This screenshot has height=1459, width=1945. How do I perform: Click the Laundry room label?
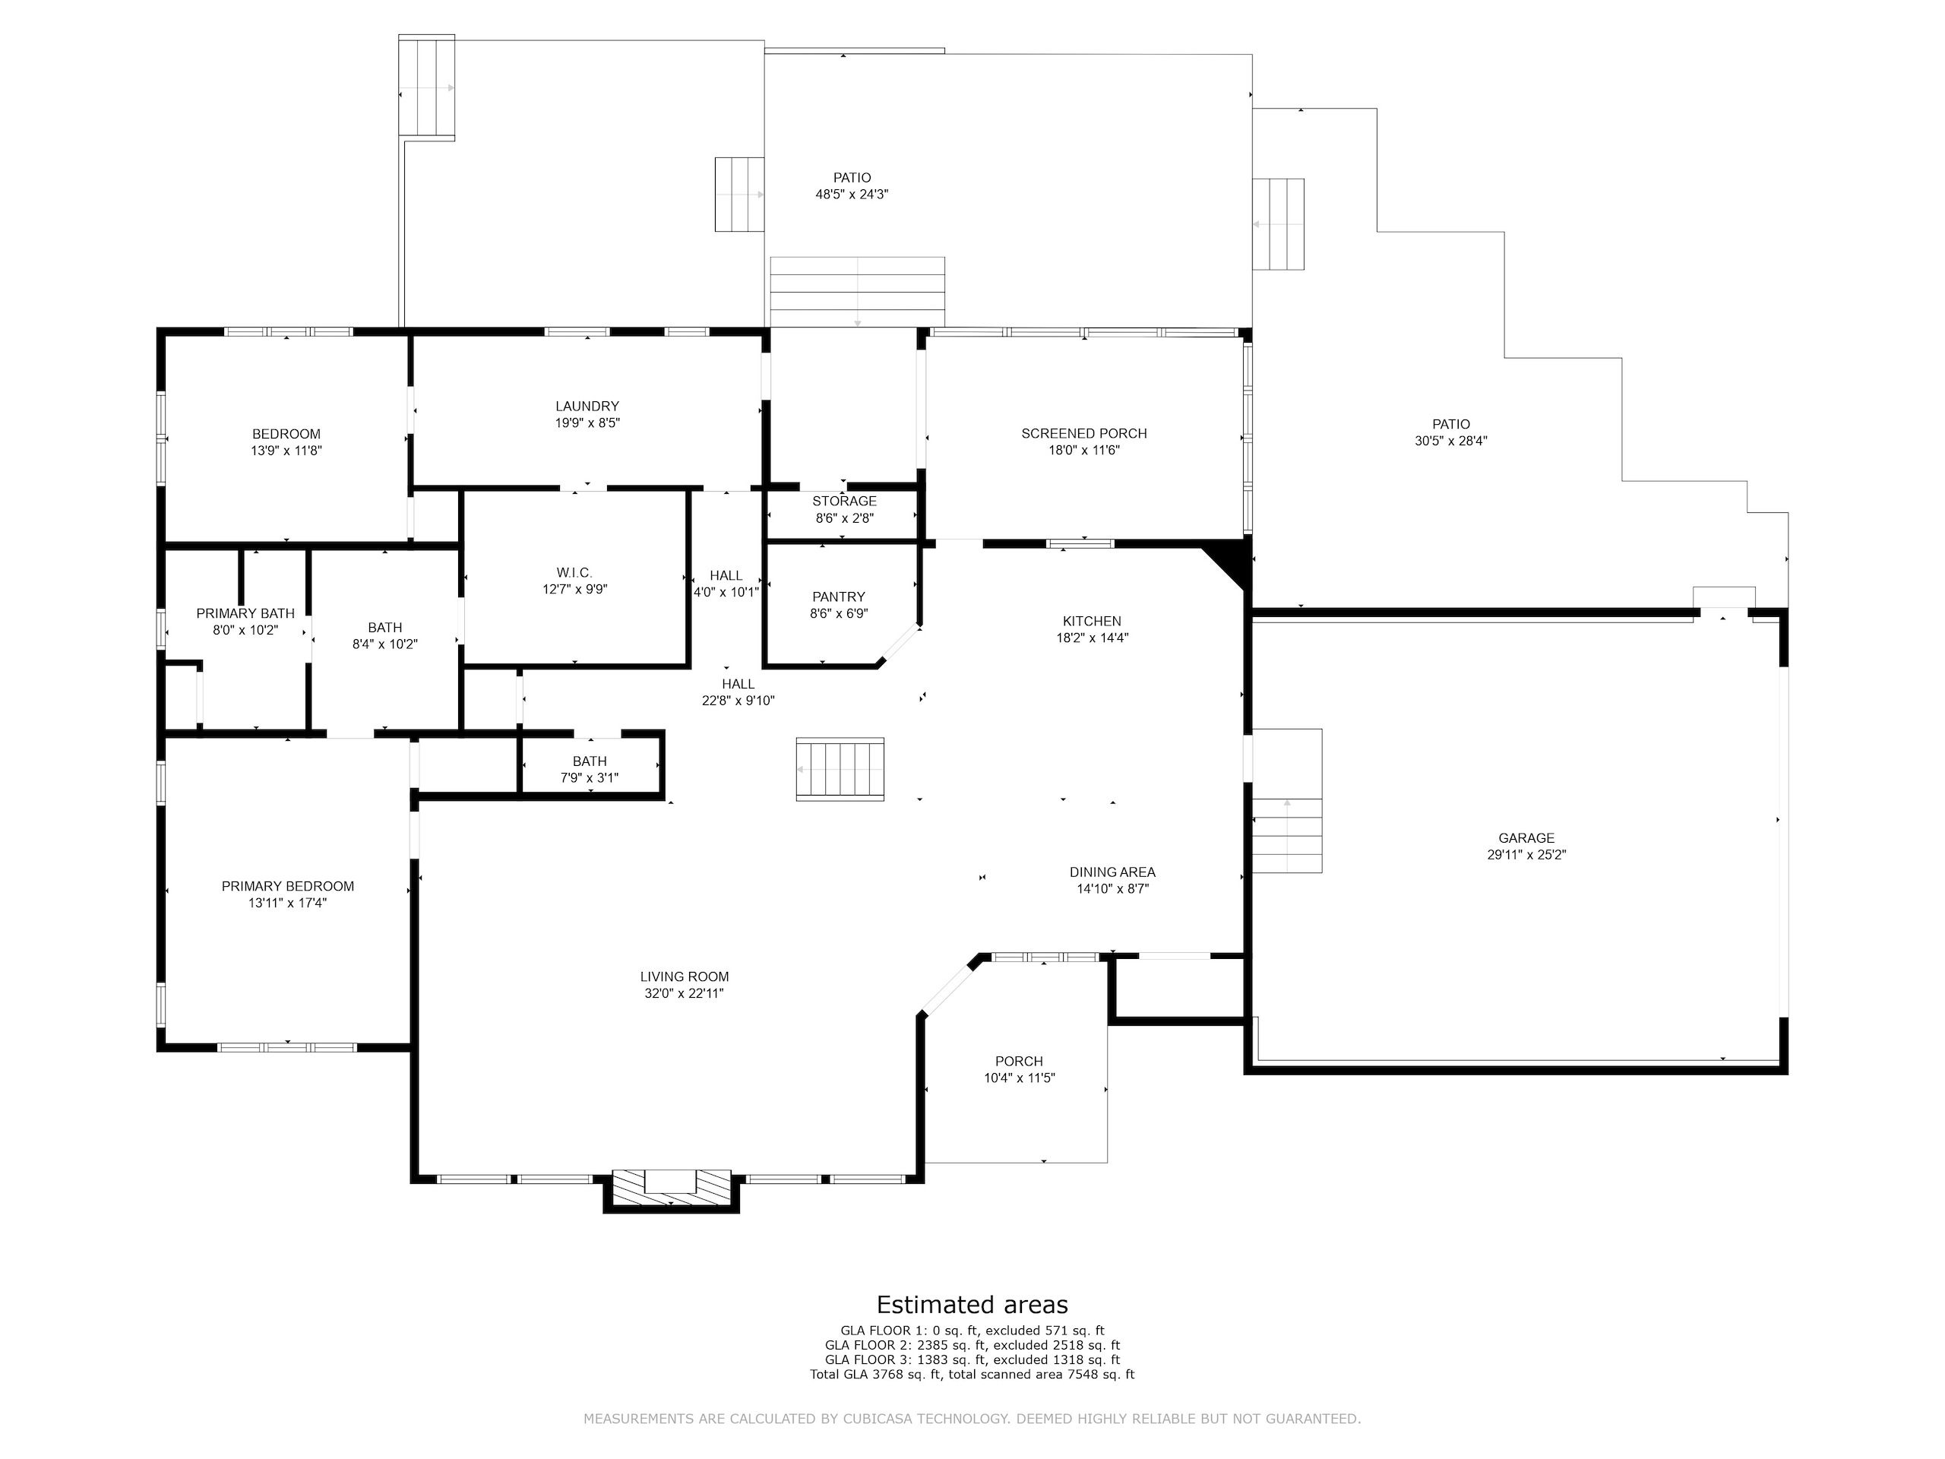click(587, 407)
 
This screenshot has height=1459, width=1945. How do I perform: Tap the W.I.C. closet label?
click(574, 574)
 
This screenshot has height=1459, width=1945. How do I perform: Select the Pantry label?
click(839, 597)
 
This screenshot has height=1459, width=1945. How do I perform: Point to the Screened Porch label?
click(1084, 434)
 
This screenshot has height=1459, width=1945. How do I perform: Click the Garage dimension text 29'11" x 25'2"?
click(1526, 855)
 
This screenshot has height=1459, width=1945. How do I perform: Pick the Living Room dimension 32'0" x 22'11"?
click(684, 994)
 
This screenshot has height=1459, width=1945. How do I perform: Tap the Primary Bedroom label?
click(287, 887)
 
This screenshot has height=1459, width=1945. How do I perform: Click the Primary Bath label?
click(245, 614)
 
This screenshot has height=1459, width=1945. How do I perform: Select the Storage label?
click(844, 502)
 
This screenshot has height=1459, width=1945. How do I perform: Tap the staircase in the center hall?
click(840, 770)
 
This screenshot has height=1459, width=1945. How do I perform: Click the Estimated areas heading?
click(972, 1304)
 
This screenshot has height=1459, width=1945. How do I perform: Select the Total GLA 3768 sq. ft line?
click(972, 1374)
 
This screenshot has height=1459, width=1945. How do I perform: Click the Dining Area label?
click(1112, 872)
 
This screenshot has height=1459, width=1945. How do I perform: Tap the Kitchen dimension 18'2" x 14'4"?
click(1092, 638)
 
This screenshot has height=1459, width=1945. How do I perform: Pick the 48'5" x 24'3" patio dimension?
click(852, 195)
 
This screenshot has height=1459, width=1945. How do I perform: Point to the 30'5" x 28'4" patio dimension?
click(1451, 441)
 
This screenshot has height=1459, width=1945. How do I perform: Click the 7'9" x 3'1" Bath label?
click(589, 778)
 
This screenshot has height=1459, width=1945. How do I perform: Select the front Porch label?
click(1019, 1062)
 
